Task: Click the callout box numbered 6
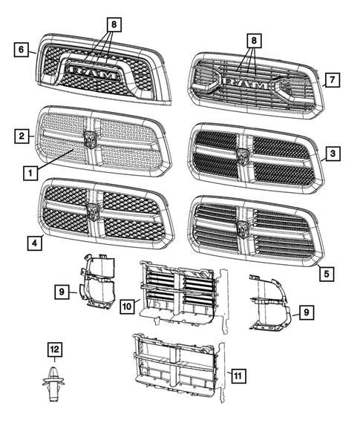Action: pyautogui.click(x=22, y=50)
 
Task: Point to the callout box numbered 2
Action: pyautogui.click(x=22, y=136)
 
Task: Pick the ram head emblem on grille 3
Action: pyautogui.click(x=243, y=156)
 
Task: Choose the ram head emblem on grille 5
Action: pyautogui.click(x=243, y=226)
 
